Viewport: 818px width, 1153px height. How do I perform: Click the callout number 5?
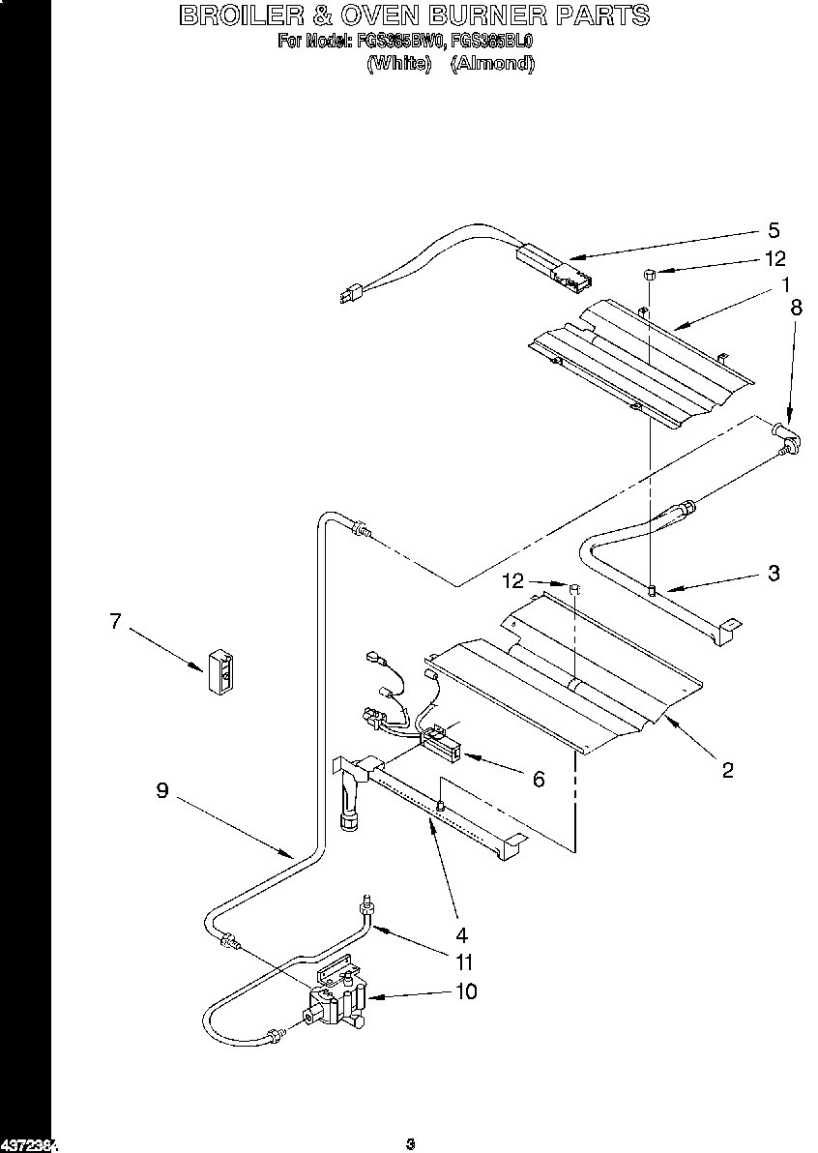773,230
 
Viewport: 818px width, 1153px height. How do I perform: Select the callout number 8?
796,309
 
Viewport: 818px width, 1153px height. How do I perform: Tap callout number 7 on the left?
115,621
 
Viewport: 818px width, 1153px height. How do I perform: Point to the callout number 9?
162,790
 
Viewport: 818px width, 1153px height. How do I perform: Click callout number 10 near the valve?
465,991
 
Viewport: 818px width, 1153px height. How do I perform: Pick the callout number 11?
465,962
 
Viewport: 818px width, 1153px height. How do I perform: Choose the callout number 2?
727,770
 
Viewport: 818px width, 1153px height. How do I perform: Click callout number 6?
539,778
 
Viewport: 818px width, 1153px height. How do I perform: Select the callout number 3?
773,572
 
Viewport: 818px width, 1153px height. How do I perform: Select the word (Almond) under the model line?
492,64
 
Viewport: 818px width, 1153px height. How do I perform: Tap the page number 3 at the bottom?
410,1144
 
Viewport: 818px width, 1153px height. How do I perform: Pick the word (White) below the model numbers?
398,64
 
